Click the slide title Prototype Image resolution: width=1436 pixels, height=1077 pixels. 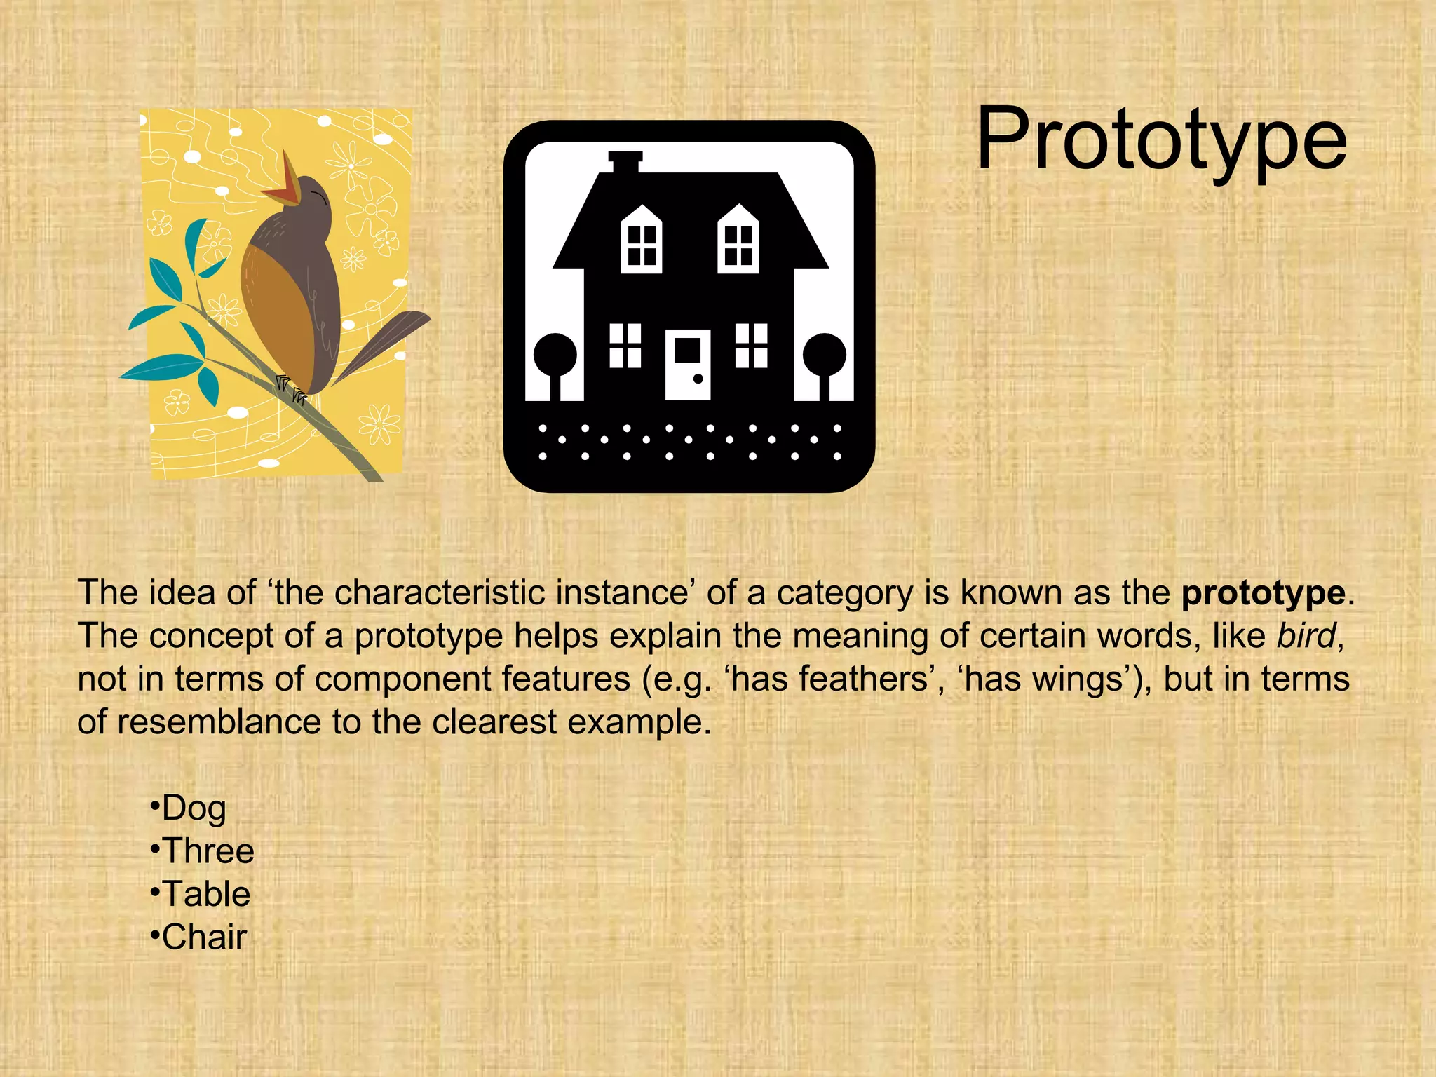[x=1161, y=140]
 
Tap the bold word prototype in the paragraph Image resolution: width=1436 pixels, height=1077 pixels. [x=1263, y=593]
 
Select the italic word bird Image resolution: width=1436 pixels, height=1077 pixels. [x=1306, y=637]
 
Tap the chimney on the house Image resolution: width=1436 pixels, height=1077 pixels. [x=625, y=162]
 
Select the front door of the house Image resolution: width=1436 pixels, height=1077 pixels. [x=688, y=364]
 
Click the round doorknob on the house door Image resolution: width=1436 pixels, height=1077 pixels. [x=698, y=379]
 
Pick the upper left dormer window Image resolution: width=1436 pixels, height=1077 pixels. [x=642, y=240]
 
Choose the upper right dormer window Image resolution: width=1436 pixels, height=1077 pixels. [x=738, y=240]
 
